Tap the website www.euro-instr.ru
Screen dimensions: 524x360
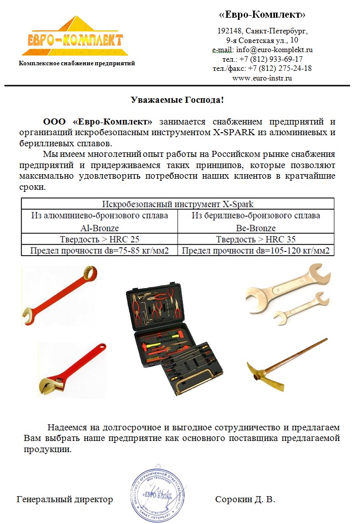[262, 77]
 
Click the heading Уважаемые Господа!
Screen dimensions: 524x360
[177, 99]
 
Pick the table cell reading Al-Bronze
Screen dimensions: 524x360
[99, 228]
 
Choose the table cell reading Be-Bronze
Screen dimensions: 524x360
[256, 228]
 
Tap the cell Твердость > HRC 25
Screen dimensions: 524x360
[99, 239]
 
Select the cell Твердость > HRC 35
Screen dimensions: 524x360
[256, 239]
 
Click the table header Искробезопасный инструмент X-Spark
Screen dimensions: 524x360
[178, 205]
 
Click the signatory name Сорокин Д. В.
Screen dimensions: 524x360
[245, 500]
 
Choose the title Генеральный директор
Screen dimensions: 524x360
[65, 500]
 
